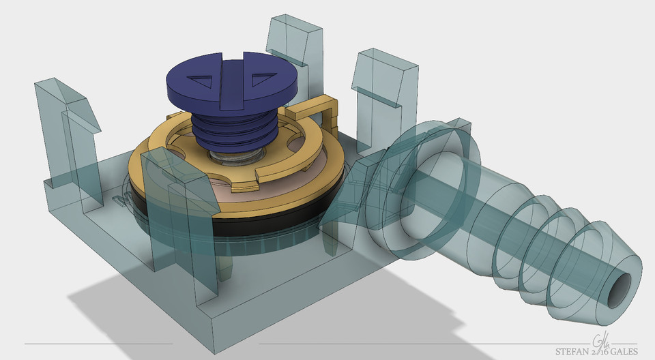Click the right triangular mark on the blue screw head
point(260,80)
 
